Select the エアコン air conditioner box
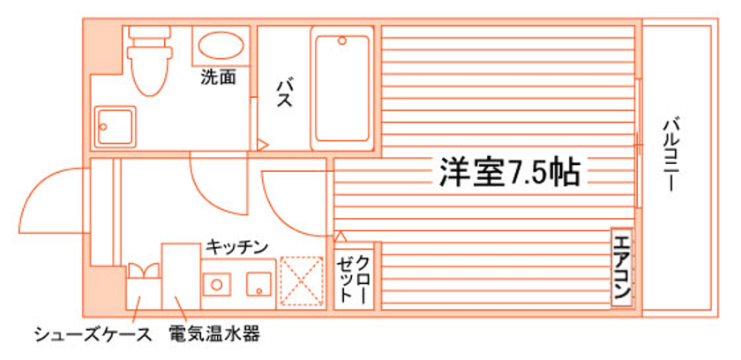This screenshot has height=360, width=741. [622, 267]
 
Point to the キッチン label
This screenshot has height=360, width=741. [236, 248]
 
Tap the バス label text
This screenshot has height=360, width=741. [284, 92]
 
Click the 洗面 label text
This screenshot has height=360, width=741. [218, 78]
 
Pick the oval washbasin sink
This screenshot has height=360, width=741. [219, 46]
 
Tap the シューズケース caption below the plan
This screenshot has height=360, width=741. [86, 335]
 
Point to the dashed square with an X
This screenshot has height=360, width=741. [301, 281]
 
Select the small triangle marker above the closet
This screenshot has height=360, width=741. [341, 236]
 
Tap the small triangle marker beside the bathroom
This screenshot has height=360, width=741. [262, 143]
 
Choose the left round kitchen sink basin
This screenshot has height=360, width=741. [214, 283]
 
